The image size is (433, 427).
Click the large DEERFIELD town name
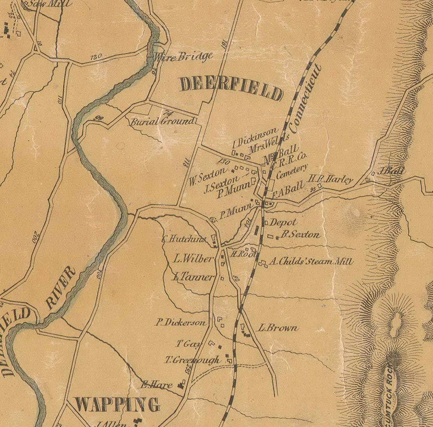tap(231, 88)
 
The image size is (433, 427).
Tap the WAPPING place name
tap(117, 405)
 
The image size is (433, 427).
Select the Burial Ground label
tap(162, 121)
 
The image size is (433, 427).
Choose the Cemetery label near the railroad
tap(292, 172)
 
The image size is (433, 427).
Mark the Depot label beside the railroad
tap(284, 222)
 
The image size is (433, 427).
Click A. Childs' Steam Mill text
tap(311, 262)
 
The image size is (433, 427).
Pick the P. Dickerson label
tap(181, 322)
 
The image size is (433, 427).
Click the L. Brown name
tap(278, 328)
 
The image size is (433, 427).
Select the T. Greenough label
tap(193, 360)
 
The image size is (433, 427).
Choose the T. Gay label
tap(186, 344)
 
